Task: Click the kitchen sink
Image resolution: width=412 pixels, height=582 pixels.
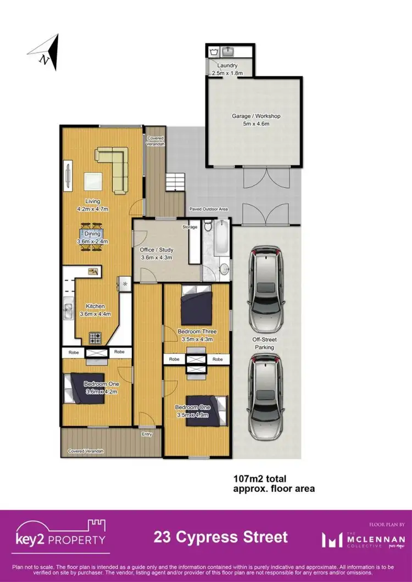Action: tap(68, 311)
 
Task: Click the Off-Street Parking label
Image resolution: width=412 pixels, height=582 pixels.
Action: tap(265, 344)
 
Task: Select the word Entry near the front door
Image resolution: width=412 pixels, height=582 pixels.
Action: tap(146, 434)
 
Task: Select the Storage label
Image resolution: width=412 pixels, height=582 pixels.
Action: tap(190, 226)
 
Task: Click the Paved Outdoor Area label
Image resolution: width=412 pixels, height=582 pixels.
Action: tap(209, 209)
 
